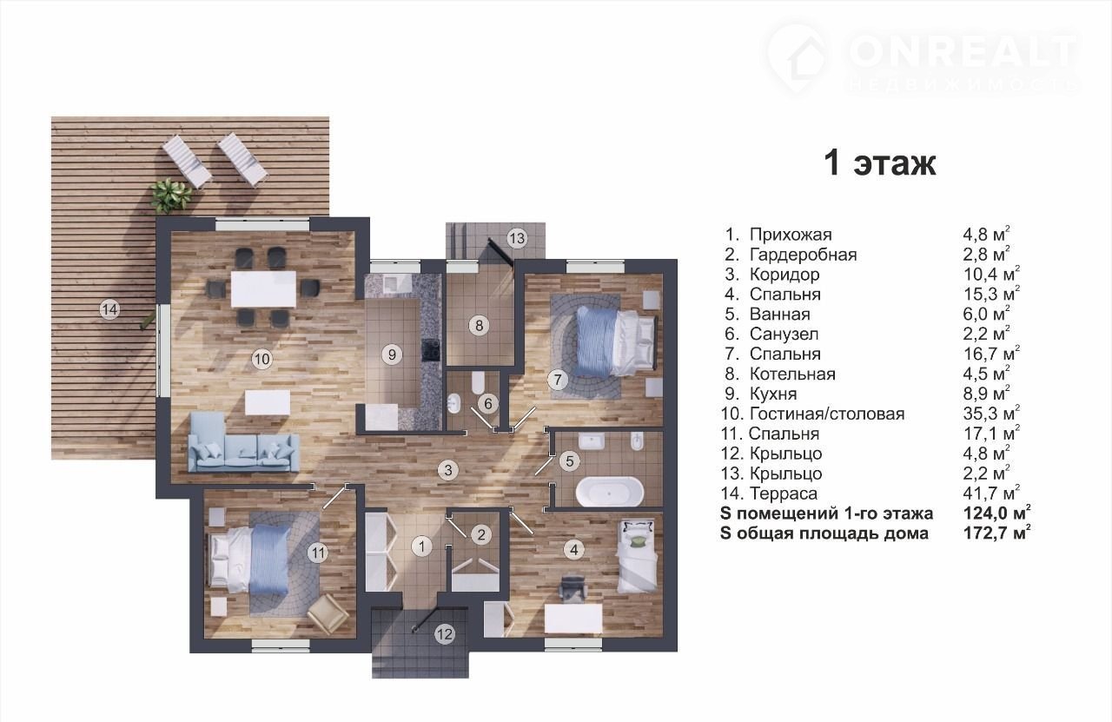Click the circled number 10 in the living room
point(262,359)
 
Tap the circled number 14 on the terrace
point(109,310)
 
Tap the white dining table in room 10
point(263,288)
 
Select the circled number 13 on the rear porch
point(517,238)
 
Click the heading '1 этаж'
point(880,163)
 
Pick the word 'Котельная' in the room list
point(792,374)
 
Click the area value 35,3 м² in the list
point(991,414)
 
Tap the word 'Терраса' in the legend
point(784,493)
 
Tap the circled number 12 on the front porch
point(444,634)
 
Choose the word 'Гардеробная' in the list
point(804,255)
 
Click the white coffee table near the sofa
point(268,402)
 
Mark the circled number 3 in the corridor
point(447,470)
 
